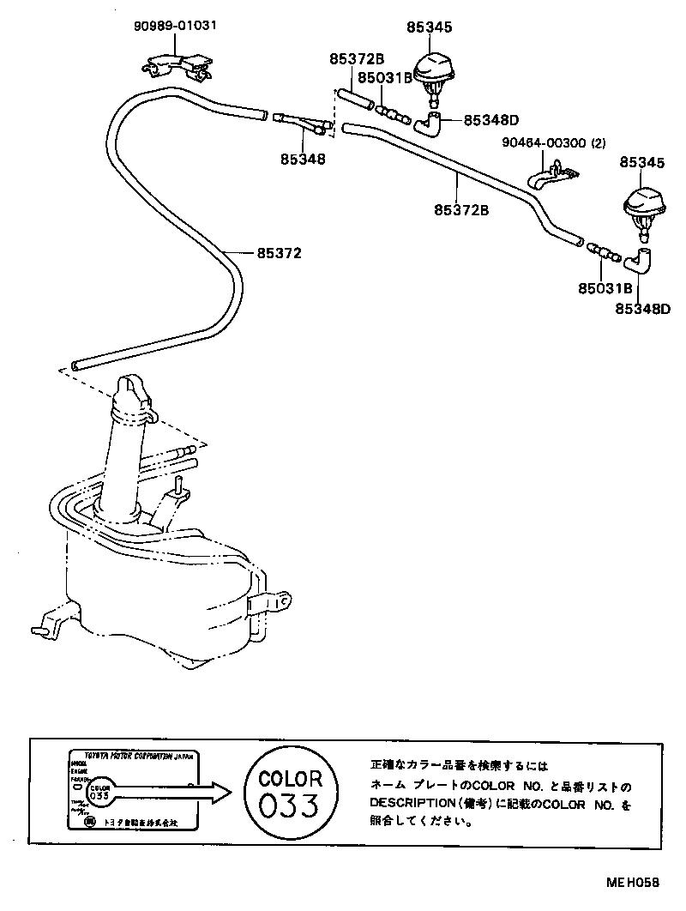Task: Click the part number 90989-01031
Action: click(x=174, y=26)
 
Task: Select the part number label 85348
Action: click(x=302, y=159)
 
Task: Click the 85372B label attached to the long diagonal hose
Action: click(x=460, y=209)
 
